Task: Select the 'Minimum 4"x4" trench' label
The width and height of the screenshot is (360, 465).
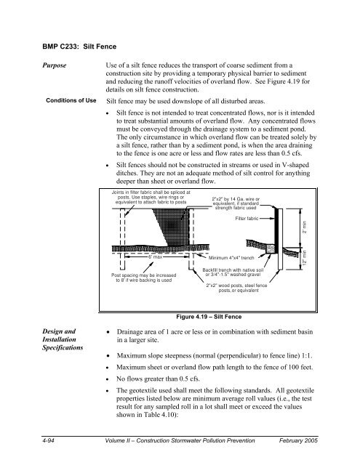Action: (x=232, y=258)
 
